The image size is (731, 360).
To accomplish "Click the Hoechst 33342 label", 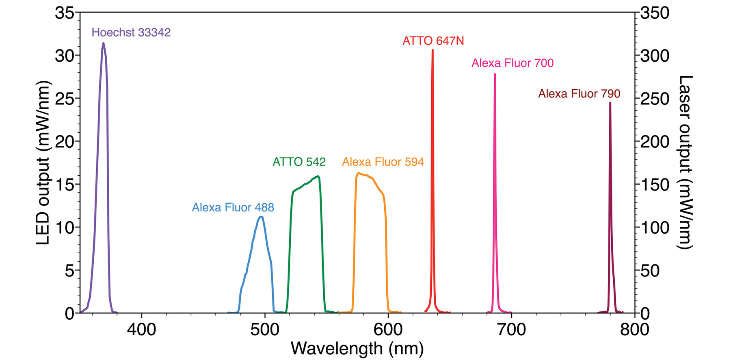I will [131, 32].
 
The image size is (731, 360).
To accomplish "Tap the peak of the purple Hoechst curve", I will [104, 43].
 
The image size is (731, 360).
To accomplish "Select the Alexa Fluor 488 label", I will [233, 207].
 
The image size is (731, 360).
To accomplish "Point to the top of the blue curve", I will [261, 217].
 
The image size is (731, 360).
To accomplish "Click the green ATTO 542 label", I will [299, 162].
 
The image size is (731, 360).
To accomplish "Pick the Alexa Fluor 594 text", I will [383, 162].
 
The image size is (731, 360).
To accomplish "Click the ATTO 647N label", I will [433, 41].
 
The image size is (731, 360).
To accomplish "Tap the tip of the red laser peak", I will [433, 50].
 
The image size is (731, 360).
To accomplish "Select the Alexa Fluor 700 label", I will [512, 63].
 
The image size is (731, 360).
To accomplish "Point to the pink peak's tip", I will [495, 74].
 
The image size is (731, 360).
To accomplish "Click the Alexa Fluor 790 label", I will [579, 94].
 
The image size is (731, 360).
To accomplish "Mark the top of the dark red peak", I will [610, 103].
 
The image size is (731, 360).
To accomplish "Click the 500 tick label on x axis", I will [265, 329].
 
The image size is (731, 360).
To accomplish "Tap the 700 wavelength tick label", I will [511, 329].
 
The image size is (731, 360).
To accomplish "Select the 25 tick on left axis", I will [65, 99].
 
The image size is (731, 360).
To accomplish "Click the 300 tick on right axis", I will [655, 56].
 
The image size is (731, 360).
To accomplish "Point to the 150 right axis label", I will [655, 185].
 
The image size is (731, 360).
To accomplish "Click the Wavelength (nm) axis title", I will [357, 348].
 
